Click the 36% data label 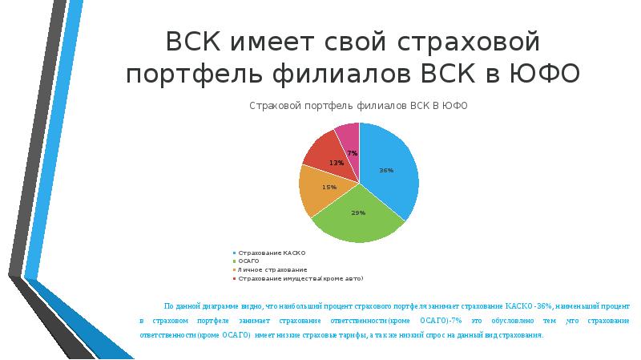[x=386, y=170]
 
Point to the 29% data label [x=358, y=212]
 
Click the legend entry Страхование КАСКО [x=272, y=253]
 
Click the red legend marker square [x=235, y=279]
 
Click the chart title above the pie [x=358, y=106]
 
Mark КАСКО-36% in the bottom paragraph [x=529, y=307]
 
